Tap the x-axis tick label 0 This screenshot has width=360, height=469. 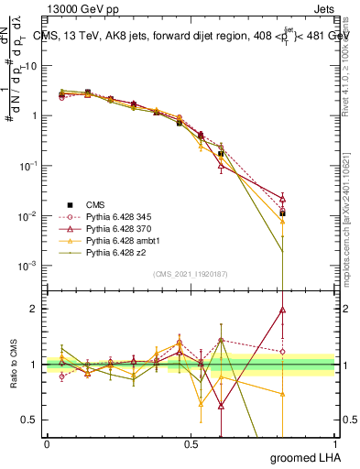(47, 444)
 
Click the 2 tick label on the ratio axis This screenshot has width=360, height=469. (33, 309)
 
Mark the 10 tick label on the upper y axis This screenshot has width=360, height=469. (28, 65)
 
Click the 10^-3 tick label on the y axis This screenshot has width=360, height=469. (26, 266)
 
